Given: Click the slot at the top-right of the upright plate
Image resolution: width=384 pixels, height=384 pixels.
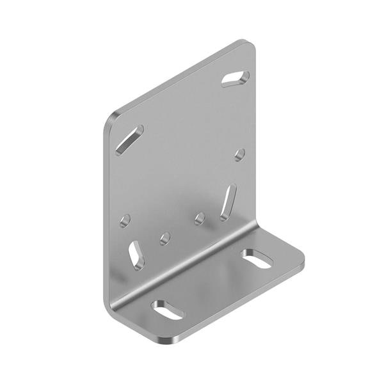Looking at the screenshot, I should point(236,78).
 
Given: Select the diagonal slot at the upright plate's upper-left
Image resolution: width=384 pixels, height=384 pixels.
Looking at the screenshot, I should point(129,140).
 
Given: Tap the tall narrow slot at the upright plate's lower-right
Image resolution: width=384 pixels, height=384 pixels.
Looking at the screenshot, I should point(228,202).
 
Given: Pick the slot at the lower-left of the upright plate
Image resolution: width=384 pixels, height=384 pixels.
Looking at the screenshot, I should point(136,253).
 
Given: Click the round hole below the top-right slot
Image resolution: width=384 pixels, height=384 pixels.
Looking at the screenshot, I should point(240,154).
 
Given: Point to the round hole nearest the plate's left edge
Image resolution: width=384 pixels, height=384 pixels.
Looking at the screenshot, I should point(125,221).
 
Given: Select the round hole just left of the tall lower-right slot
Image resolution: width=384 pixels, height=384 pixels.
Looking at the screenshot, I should point(200,219).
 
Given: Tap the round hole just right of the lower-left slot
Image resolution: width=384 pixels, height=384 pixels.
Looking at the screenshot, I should point(165,239).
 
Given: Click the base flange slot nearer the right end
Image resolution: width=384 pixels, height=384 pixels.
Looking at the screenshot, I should point(257,259).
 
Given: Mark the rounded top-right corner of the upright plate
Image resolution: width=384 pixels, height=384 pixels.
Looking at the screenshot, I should point(249,46).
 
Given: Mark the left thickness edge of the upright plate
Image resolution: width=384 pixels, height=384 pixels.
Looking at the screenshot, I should point(104,211).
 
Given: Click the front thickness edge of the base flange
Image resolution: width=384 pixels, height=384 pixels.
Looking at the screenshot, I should point(243,301).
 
